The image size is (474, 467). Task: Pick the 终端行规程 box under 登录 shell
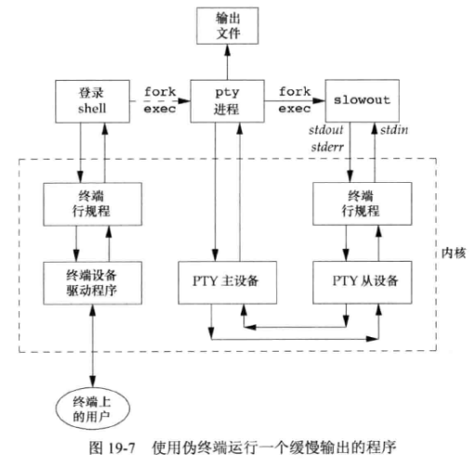pyautogui.click(x=93, y=202)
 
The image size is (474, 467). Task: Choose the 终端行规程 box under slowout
pyautogui.click(x=358, y=202)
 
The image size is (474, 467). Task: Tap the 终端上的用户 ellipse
pyautogui.click(x=93, y=409)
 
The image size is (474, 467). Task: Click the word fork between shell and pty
pyautogui.click(x=160, y=92)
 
